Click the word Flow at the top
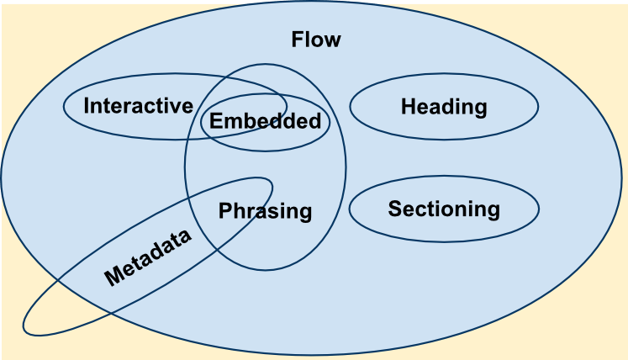coord(315,40)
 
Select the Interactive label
coord(139,106)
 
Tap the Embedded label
coord(265,121)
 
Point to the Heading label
coord(444,107)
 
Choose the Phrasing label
coord(265,211)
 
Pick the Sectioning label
coord(444,209)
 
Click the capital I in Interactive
coord(87,106)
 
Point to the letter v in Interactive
coord(177,107)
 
